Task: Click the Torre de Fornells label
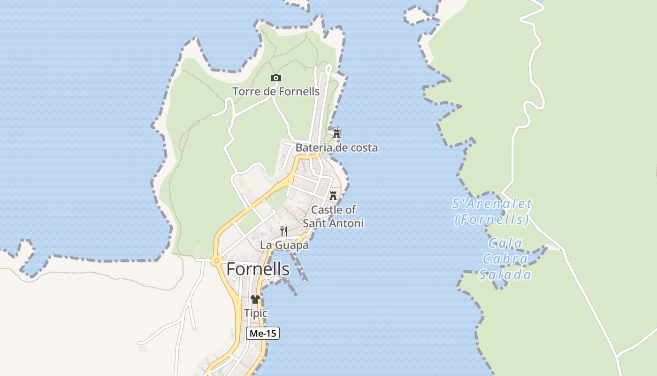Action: pyautogui.click(x=276, y=91)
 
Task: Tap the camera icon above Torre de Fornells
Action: pyautogui.click(x=276, y=78)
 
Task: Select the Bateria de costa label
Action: pyautogui.click(x=336, y=148)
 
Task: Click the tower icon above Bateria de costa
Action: pyautogui.click(x=336, y=134)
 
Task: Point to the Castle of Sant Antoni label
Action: pyautogui.click(x=333, y=216)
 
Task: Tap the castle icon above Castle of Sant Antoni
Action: pyautogui.click(x=333, y=196)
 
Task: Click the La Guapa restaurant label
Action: pyautogui.click(x=284, y=245)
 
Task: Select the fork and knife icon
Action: pyautogui.click(x=284, y=231)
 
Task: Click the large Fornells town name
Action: pyautogui.click(x=258, y=269)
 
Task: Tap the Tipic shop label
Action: pyautogui.click(x=255, y=313)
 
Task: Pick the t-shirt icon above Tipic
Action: pyautogui.click(x=255, y=299)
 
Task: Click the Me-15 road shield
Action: pyautogui.click(x=263, y=333)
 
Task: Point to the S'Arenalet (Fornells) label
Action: pyautogui.click(x=492, y=211)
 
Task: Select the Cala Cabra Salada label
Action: pyautogui.click(x=505, y=259)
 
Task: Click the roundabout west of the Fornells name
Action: pyautogui.click(x=216, y=260)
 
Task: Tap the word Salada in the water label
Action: pyautogui.click(x=505, y=275)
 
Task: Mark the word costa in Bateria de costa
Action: pyautogui.click(x=363, y=148)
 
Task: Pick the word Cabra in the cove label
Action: pyautogui.click(x=505, y=259)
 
